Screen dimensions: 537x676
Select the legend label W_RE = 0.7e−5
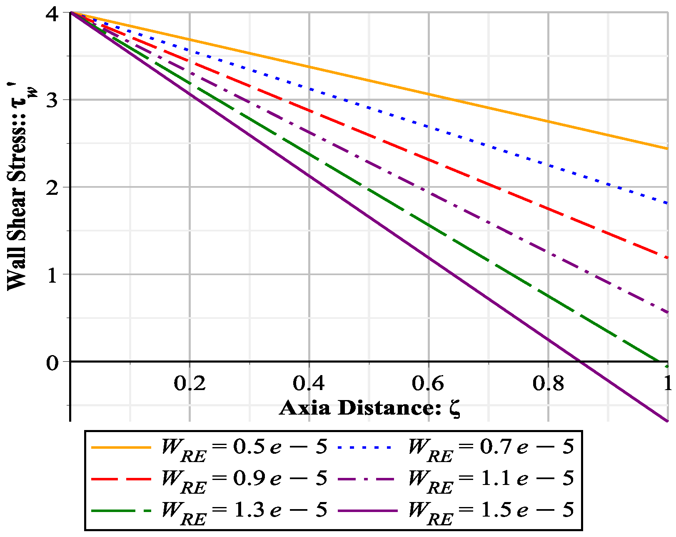click(x=491, y=447)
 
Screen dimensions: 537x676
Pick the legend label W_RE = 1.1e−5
click(x=491, y=479)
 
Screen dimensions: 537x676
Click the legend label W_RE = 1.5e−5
click(x=491, y=511)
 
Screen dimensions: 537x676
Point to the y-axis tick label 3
click(x=52, y=100)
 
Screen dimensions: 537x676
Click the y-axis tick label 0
click(x=52, y=363)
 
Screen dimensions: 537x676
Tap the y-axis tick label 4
click(x=52, y=14)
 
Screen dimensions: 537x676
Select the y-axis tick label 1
click(x=52, y=275)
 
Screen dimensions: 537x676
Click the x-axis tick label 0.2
click(x=190, y=383)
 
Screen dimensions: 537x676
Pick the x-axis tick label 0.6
click(x=428, y=383)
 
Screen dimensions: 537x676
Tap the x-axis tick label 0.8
click(x=548, y=383)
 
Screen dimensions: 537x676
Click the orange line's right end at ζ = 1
click(x=667, y=148)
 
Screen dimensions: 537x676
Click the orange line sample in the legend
click(x=121, y=447)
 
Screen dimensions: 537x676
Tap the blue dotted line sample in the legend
click(x=364, y=447)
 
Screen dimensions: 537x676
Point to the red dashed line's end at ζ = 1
click(x=667, y=258)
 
